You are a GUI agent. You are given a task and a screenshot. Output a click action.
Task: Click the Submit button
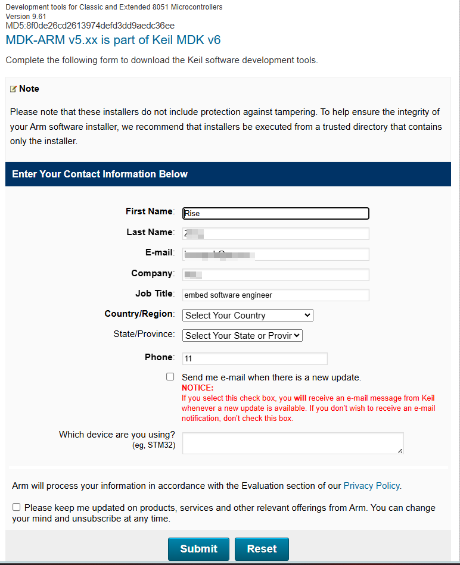(198, 548)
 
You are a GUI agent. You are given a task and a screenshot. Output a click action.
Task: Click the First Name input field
(276, 213)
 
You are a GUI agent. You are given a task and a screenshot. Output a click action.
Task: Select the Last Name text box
(276, 233)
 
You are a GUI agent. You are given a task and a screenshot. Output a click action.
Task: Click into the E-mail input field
(276, 254)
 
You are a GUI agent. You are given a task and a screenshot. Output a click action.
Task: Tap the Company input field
(276, 274)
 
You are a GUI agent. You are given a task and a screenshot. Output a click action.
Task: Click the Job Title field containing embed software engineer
(276, 295)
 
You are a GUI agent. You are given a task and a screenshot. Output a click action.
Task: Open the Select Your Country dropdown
(247, 316)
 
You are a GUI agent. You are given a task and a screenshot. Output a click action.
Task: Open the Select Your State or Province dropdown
(243, 336)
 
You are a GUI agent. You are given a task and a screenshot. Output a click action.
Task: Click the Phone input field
(255, 358)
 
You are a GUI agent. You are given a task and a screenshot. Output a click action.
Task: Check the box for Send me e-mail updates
(170, 377)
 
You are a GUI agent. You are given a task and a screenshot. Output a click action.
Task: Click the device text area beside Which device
(293, 443)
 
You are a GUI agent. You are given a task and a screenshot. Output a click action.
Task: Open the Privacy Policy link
(371, 486)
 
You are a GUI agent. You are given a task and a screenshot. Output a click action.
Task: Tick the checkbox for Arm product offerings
(17, 507)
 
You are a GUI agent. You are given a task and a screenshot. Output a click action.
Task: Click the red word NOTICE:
(197, 388)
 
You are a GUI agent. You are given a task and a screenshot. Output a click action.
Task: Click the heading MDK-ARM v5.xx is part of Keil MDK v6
(113, 40)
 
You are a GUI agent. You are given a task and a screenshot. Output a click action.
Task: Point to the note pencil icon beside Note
(13, 89)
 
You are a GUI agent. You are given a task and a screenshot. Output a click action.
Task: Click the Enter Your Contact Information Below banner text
(100, 174)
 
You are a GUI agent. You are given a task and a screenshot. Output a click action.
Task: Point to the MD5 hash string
(90, 26)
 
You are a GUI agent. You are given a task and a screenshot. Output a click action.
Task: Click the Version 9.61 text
(26, 16)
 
